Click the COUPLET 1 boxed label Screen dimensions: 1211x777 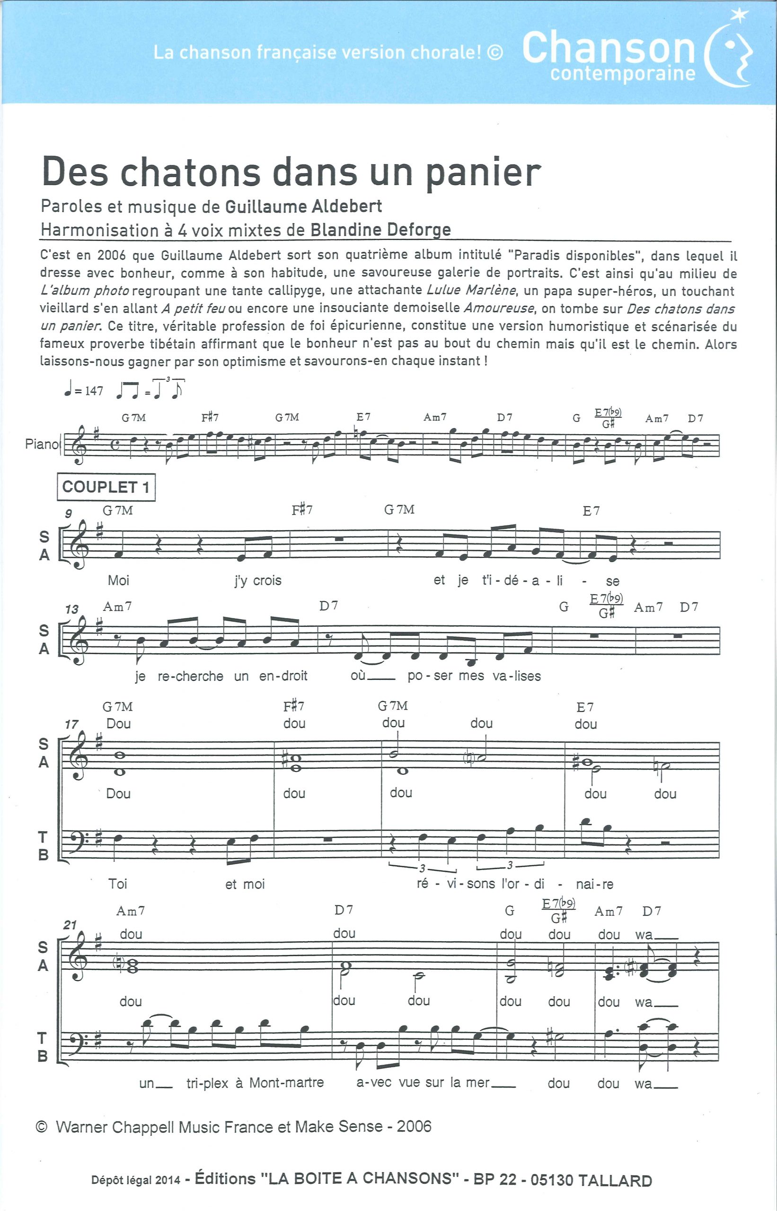(x=106, y=487)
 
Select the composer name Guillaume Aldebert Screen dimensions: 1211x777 (x=303, y=206)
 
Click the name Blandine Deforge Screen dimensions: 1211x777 (x=380, y=230)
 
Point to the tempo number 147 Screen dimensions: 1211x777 (x=94, y=391)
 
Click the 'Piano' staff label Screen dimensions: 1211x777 (x=42, y=444)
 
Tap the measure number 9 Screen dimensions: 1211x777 (x=68, y=513)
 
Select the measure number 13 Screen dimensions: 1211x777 (x=71, y=609)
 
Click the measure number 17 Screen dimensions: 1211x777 (x=71, y=724)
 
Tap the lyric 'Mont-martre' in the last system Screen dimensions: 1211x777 (x=287, y=1082)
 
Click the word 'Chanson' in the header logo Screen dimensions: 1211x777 (x=609, y=48)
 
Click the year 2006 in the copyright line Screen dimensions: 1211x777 (x=414, y=1127)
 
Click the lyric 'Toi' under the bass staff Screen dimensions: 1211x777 (x=117, y=884)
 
